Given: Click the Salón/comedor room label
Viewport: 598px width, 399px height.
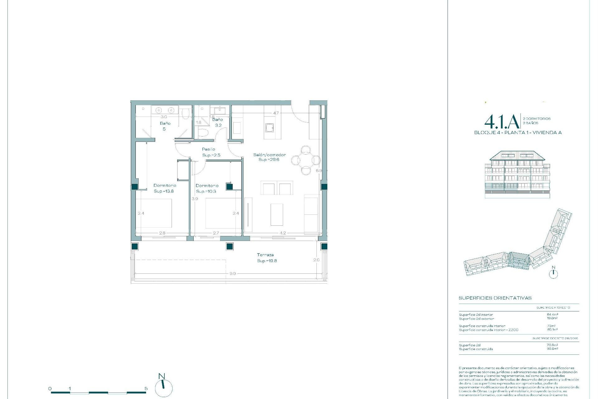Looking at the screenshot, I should click(269, 155).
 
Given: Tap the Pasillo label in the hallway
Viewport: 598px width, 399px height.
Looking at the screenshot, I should click(208, 149).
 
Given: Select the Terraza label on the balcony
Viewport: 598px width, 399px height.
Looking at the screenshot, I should click(265, 255).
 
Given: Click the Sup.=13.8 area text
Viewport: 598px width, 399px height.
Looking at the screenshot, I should click(164, 191).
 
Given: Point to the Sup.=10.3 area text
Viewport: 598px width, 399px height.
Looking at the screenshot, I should click(206, 191).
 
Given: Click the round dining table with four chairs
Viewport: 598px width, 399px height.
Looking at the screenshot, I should click(306, 160).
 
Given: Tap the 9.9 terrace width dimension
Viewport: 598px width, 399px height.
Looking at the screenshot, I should click(232, 273).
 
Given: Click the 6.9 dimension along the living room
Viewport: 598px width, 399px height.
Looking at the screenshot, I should click(318, 171).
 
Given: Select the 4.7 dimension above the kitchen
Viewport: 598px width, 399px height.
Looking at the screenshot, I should click(276, 113).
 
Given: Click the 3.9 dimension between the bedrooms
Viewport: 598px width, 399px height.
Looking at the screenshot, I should click(195, 199).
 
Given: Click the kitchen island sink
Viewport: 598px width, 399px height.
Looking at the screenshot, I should click(269, 127).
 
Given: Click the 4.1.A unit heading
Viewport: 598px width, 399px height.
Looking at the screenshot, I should click(501, 122).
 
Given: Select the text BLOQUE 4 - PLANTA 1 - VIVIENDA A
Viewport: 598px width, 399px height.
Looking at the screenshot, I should click(518, 132).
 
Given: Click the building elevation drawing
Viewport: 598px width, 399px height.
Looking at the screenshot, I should click(517, 175).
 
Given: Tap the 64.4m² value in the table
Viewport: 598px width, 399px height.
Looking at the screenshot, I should click(552, 315).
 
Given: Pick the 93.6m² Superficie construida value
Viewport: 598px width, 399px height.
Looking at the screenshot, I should click(552, 349).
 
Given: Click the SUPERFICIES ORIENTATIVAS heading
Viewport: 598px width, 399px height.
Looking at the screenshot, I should click(495, 298).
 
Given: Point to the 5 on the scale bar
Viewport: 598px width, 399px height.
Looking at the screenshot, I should click(146, 388).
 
